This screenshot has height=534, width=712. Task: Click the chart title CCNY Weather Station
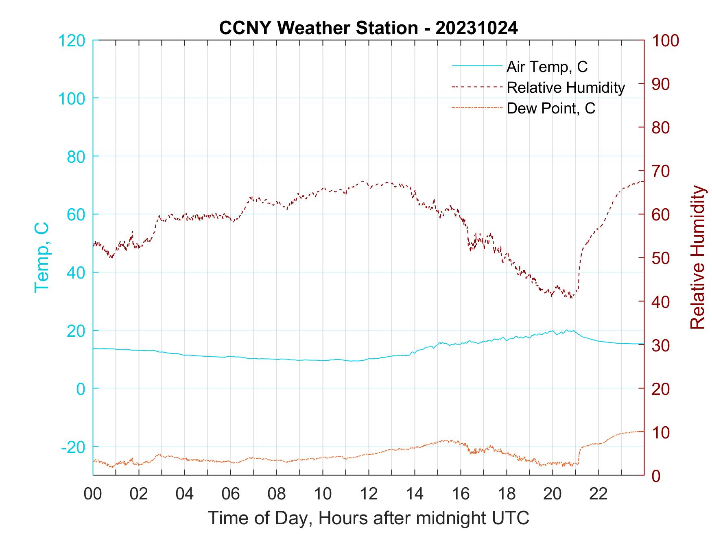(x=318, y=28)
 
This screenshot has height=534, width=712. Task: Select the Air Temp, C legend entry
(x=546, y=67)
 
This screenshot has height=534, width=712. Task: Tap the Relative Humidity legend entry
(x=565, y=87)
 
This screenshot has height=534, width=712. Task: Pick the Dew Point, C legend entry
(x=550, y=108)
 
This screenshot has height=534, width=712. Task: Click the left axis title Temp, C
(x=41, y=257)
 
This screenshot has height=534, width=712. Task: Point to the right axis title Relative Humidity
(x=697, y=257)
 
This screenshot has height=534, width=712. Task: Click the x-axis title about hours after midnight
(x=368, y=518)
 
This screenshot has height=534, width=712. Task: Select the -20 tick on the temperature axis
(x=73, y=447)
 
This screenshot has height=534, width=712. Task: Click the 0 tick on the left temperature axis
(x=81, y=389)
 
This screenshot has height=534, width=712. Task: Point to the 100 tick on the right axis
(x=666, y=41)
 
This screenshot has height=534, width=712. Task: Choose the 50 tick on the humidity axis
(x=661, y=258)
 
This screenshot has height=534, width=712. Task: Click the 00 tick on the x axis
(x=93, y=494)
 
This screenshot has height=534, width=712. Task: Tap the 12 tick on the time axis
(x=369, y=494)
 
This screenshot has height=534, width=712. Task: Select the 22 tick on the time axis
(x=598, y=494)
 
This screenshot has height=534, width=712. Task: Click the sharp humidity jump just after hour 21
(x=579, y=268)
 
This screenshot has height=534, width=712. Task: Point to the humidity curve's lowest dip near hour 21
(x=572, y=298)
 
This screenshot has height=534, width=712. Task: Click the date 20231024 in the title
(x=476, y=28)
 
